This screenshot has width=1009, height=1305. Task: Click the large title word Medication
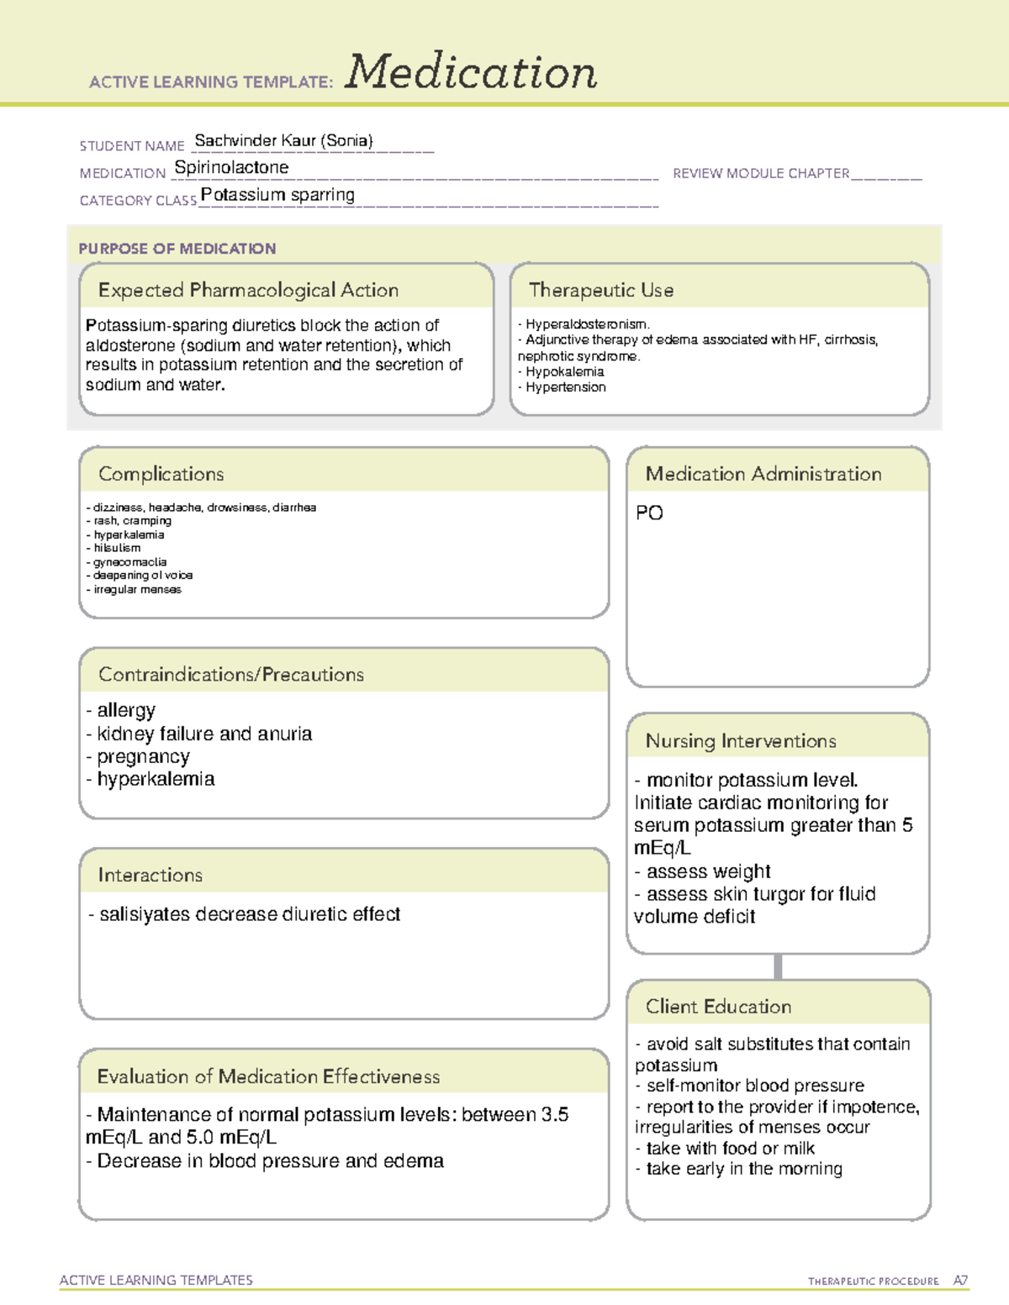(x=471, y=72)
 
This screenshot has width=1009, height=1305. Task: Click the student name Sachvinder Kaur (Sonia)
(x=283, y=141)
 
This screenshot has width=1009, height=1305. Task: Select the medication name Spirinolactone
(x=231, y=168)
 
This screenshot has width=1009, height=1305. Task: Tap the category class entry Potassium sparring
(x=277, y=195)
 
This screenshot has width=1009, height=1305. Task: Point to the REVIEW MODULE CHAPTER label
(x=760, y=173)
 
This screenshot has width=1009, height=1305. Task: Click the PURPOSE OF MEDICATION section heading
(x=177, y=249)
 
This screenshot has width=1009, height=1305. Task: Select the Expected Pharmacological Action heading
(x=248, y=290)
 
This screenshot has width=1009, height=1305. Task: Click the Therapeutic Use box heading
(x=600, y=290)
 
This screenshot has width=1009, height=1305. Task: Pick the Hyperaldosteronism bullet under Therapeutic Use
(x=586, y=324)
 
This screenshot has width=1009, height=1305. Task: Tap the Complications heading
(x=161, y=474)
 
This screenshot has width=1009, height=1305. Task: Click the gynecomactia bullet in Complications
(x=129, y=562)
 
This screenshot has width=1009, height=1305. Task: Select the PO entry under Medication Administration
(x=649, y=513)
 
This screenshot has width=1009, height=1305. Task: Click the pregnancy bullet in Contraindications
(x=142, y=756)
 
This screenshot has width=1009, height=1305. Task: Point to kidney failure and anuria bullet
(x=203, y=734)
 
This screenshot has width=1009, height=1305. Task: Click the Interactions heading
(x=150, y=875)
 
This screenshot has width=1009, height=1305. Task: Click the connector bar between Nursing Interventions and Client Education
(x=778, y=966)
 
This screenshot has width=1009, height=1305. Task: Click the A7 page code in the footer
(x=959, y=1281)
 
